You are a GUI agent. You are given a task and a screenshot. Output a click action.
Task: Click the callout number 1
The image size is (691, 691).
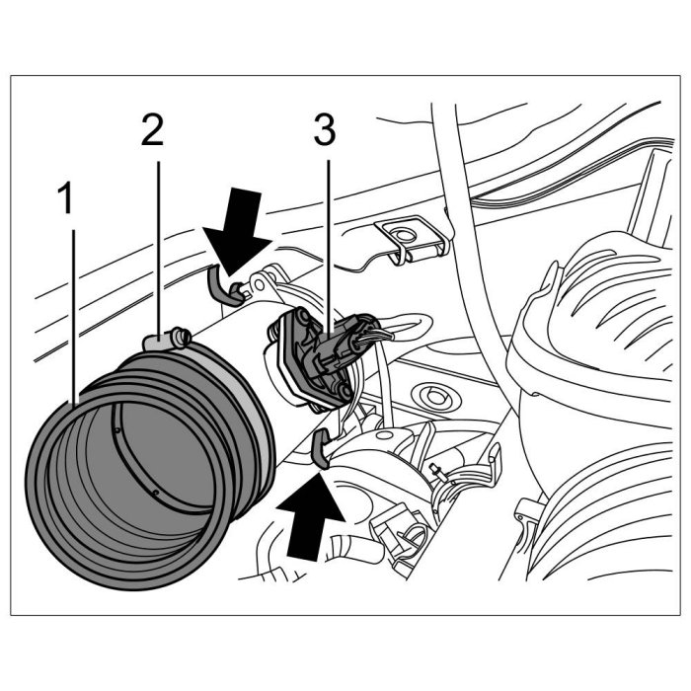tap(65, 198)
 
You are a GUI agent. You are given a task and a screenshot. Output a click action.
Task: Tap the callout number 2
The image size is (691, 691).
tap(152, 129)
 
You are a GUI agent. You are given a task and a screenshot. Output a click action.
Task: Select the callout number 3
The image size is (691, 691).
tap(325, 129)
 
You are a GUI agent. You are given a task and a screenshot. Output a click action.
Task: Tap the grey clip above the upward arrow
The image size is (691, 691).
tap(321, 447)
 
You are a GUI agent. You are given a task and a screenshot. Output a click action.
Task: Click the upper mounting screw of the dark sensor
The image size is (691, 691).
tap(301, 316)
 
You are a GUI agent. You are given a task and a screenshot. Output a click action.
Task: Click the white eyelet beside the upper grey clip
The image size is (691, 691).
tap(261, 282)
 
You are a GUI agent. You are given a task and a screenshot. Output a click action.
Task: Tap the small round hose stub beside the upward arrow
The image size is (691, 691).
tap(352, 547)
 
